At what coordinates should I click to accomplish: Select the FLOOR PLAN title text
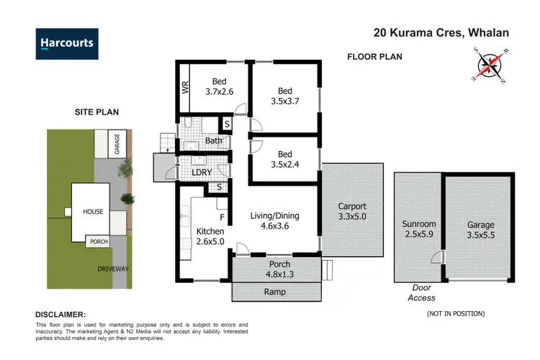point(374,57)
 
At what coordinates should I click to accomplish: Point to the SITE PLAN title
point(96,112)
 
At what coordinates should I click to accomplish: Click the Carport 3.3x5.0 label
point(352,212)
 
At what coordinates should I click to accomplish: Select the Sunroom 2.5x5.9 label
point(418,230)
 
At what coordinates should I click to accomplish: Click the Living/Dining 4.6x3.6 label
point(274,221)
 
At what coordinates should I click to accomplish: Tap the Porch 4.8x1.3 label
point(275,269)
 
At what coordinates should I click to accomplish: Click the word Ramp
point(275,292)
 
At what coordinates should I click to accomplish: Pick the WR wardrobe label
point(185,89)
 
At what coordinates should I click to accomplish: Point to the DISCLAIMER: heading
point(60,315)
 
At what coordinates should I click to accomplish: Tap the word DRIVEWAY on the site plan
point(113,269)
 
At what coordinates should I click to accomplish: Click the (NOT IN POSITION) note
point(455,313)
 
